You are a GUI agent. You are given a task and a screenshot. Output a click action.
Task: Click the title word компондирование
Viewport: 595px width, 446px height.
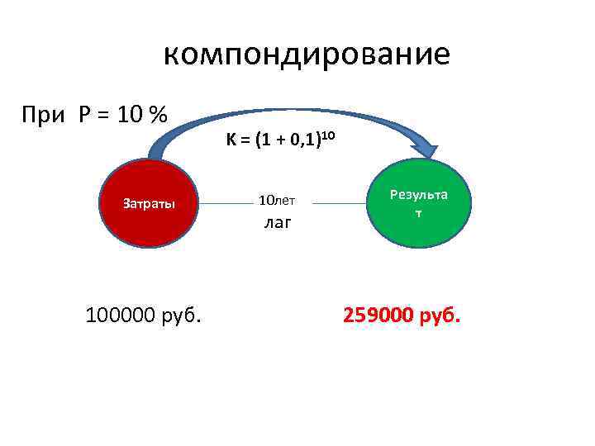[x=307, y=55]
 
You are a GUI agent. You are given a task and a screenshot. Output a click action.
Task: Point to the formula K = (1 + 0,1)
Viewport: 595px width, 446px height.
[x=272, y=141]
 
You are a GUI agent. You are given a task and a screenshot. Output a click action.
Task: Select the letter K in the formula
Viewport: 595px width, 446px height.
[x=231, y=141]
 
